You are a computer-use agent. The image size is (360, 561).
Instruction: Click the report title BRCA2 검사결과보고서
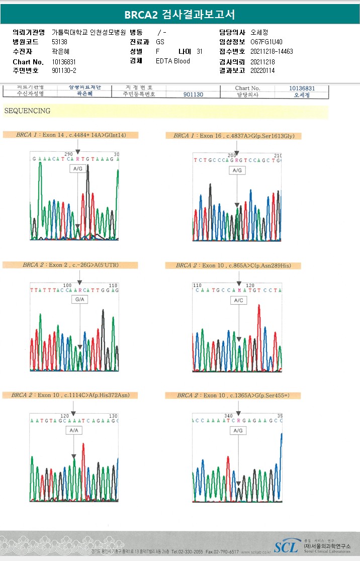click(x=179, y=14)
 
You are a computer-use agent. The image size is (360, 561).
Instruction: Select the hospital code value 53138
click(x=59, y=42)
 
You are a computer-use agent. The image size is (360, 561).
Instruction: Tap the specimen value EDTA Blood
click(x=173, y=61)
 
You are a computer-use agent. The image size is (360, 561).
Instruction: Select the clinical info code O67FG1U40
click(x=265, y=42)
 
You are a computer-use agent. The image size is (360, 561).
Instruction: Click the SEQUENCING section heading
click(x=27, y=111)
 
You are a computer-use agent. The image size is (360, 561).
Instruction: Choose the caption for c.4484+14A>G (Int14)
click(x=70, y=135)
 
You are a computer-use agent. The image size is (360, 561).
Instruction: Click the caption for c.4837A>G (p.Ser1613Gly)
click(x=234, y=136)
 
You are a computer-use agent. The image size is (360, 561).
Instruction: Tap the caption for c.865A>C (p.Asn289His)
click(x=233, y=265)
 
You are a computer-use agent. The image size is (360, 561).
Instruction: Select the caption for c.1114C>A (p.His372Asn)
click(x=70, y=395)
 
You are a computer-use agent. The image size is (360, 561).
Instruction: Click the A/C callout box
click(x=239, y=300)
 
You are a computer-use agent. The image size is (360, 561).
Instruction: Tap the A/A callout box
click(x=74, y=430)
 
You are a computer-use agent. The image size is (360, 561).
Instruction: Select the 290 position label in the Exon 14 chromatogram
click(x=69, y=154)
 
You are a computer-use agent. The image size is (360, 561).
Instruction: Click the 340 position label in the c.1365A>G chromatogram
click(x=228, y=416)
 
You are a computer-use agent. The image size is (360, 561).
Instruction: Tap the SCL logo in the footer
click(x=286, y=546)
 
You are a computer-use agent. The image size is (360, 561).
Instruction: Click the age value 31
click(x=200, y=52)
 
